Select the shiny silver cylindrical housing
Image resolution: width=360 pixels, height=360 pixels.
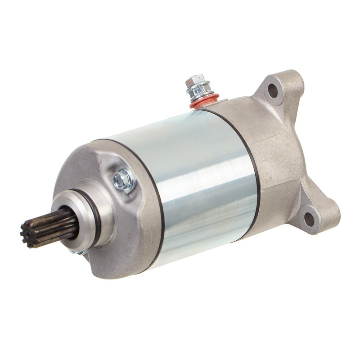tap(198, 180)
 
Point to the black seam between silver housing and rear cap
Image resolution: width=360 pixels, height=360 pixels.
tap(252, 166)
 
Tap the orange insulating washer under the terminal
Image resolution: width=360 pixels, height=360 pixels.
tap(205, 103)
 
